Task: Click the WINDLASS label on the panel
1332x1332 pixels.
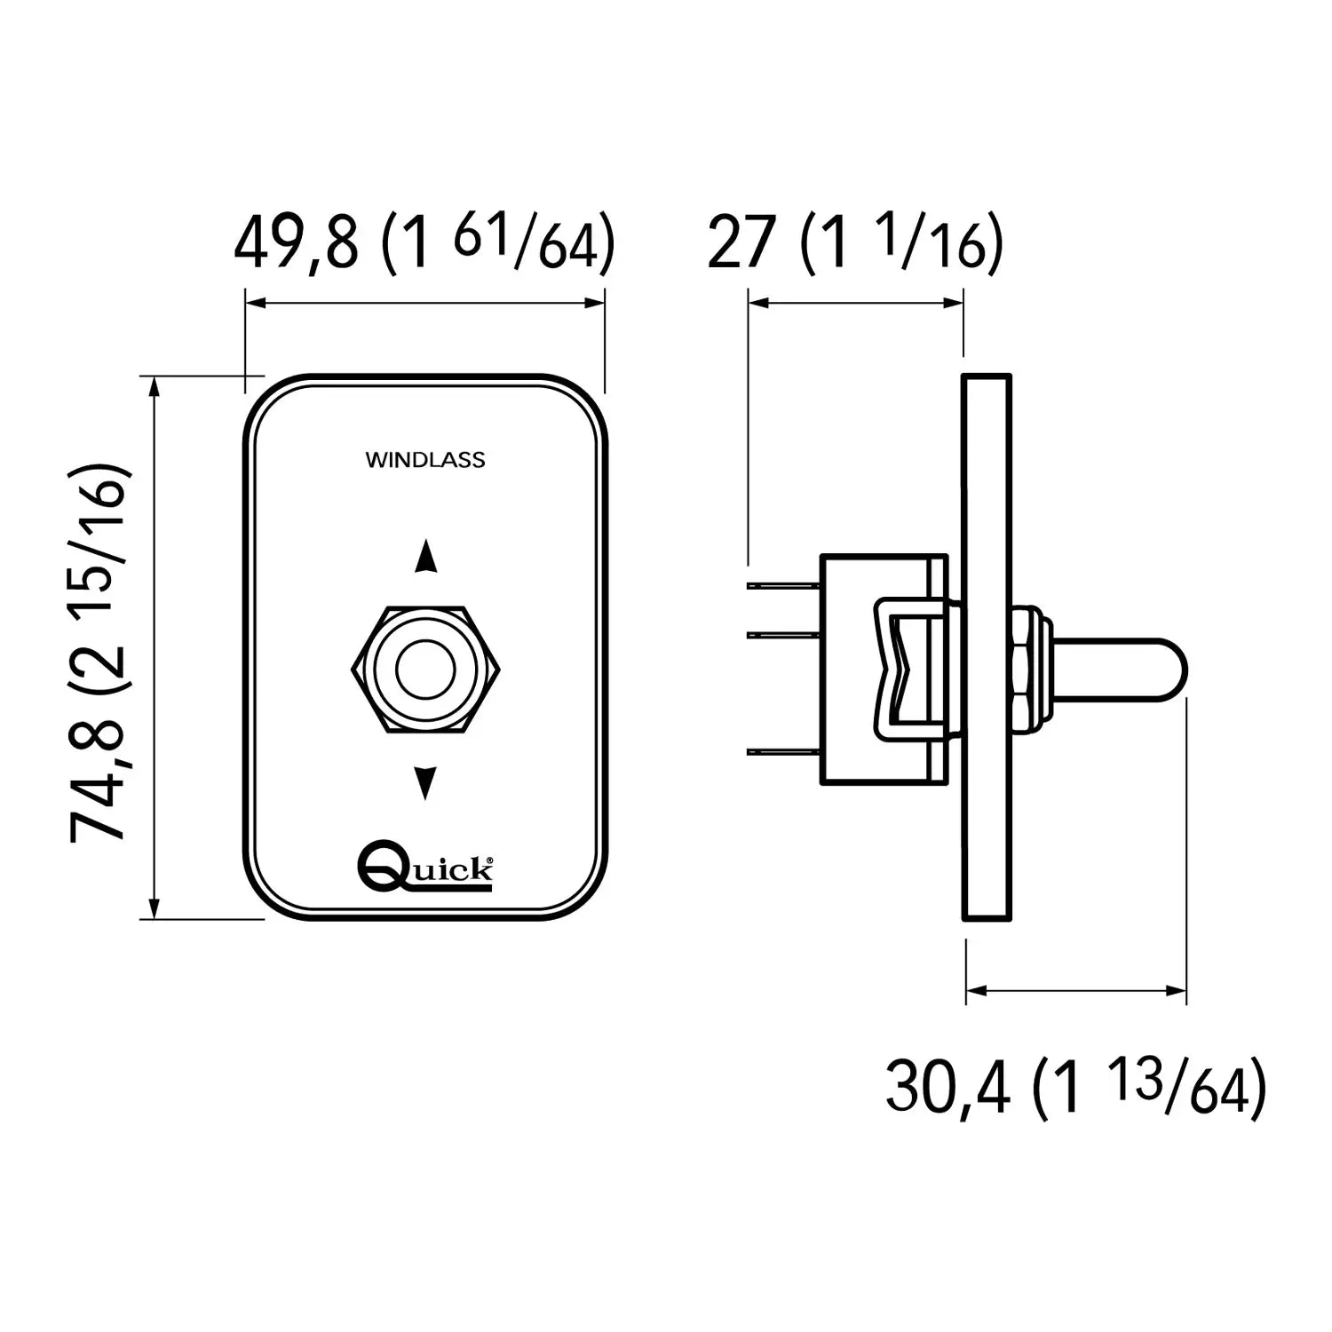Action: tap(425, 460)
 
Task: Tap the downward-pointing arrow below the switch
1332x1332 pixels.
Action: tap(426, 782)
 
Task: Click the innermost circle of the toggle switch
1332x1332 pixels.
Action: tap(425, 670)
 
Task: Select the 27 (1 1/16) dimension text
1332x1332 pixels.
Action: tap(855, 242)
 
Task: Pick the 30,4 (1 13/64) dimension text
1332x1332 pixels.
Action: tap(1076, 1086)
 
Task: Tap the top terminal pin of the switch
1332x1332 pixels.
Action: tap(783, 586)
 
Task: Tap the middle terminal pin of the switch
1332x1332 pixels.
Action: tap(783, 634)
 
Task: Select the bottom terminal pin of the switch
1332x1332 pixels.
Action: tap(783, 752)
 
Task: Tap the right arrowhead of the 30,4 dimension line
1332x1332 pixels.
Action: tap(1176, 989)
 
